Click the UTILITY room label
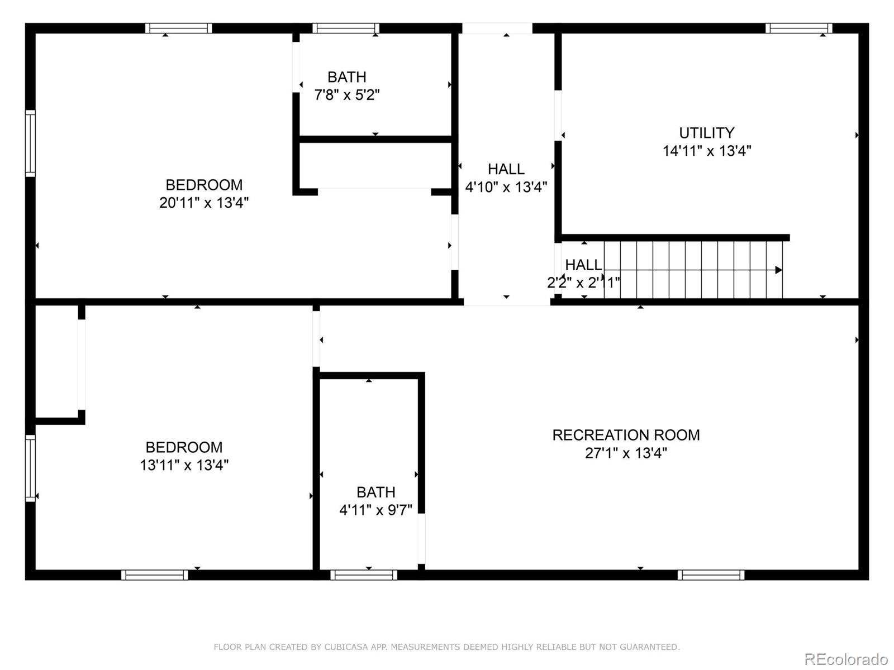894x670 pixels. click(706, 133)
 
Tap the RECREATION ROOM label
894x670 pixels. click(626, 435)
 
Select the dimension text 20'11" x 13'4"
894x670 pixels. click(204, 203)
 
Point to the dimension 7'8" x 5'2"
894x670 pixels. click(347, 95)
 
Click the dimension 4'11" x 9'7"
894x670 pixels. click(376, 510)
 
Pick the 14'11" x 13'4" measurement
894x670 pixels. click(707, 151)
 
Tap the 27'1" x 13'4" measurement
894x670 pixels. click(626, 453)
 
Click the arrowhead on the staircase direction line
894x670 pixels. click(778, 270)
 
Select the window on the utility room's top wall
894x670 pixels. click(798, 28)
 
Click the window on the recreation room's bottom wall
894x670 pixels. click(711, 575)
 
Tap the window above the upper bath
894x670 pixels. click(346, 28)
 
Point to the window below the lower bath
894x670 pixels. click(364, 575)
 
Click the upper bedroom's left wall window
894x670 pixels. click(30, 143)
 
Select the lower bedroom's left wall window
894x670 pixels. click(30, 468)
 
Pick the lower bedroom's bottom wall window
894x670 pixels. click(155, 575)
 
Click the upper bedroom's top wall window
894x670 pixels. click(179, 28)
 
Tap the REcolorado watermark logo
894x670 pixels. click(846, 659)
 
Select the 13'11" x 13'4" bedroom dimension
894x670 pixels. click(184, 465)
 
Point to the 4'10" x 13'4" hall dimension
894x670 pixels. click(506, 187)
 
